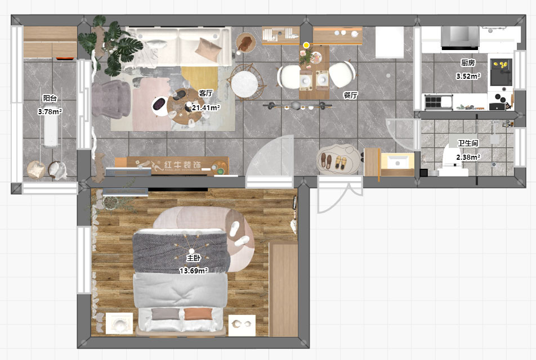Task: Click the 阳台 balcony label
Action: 50,98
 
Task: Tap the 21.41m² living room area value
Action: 206,108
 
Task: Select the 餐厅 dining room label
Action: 350,95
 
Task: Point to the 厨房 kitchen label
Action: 468,63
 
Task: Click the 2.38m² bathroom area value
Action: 468,157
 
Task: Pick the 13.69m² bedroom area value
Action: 194,271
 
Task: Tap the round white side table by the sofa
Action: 244,83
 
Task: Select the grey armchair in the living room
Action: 110,99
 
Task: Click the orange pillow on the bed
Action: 198,314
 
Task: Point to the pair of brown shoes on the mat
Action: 326,161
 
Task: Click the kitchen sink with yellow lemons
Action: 501,72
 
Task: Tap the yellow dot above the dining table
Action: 306,45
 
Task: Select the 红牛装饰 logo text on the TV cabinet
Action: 182,165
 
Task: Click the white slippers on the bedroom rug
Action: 238,235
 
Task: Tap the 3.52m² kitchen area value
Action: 468,76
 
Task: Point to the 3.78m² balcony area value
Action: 50,112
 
